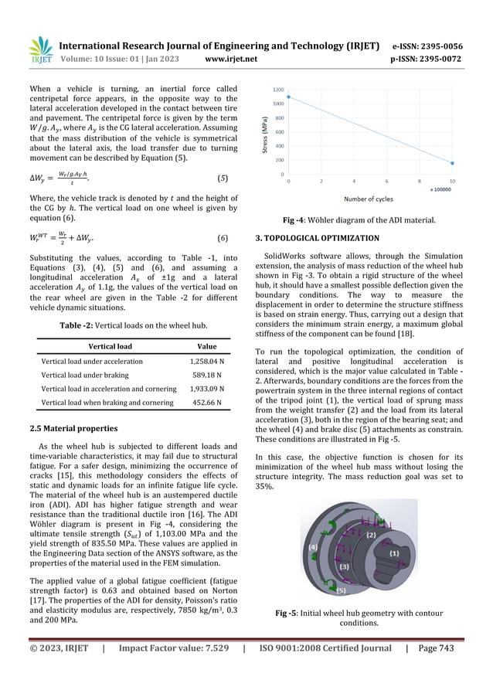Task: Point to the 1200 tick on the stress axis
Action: coord(277,89)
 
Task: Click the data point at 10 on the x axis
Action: coord(453,163)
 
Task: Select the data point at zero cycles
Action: coord(289,100)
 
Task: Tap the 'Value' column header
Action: coord(207,347)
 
